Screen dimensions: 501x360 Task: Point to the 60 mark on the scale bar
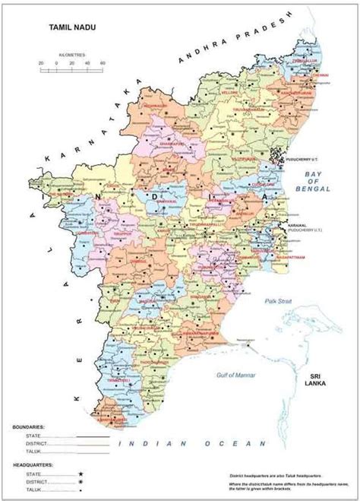tap(102, 62)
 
